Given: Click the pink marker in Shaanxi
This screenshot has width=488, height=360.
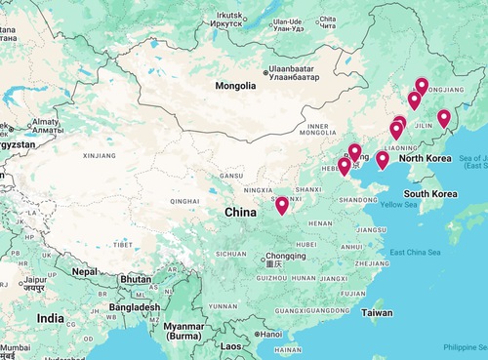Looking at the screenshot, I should pyautogui.click(x=282, y=206).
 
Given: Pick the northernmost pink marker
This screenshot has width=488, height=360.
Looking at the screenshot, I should pyautogui.click(x=422, y=86).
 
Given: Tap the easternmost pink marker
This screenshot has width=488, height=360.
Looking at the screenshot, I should pyautogui.click(x=444, y=118).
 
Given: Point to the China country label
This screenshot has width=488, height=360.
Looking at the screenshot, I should pyautogui.click(x=241, y=212).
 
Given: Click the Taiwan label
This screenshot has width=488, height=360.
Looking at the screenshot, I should pyautogui.click(x=377, y=313).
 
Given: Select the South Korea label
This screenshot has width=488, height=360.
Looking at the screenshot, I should pyautogui.click(x=432, y=193).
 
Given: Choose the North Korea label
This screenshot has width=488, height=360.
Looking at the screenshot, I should pyautogui.click(x=425, y=158).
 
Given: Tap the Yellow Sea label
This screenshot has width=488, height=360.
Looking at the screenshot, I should pyautogui.click(x=397, y=205).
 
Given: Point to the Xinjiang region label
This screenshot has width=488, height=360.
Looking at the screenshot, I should pyautogui.click(x=100, y=154).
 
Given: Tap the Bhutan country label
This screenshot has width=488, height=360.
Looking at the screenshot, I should pyautogui.click(x=136, y=279).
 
